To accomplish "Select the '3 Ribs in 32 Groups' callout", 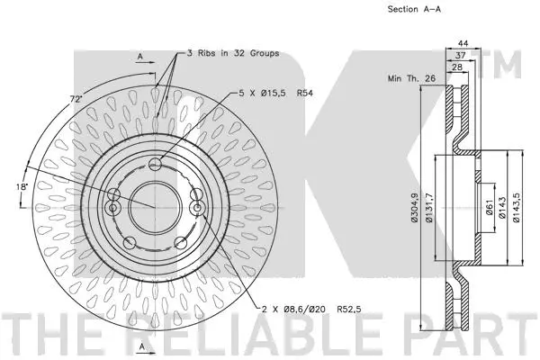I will (x=232, y=53).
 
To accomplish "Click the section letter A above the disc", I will (x=140, y=56).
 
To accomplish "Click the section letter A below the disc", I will (x=140, y=346).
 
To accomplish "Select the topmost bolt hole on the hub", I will (x=157, y=164).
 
